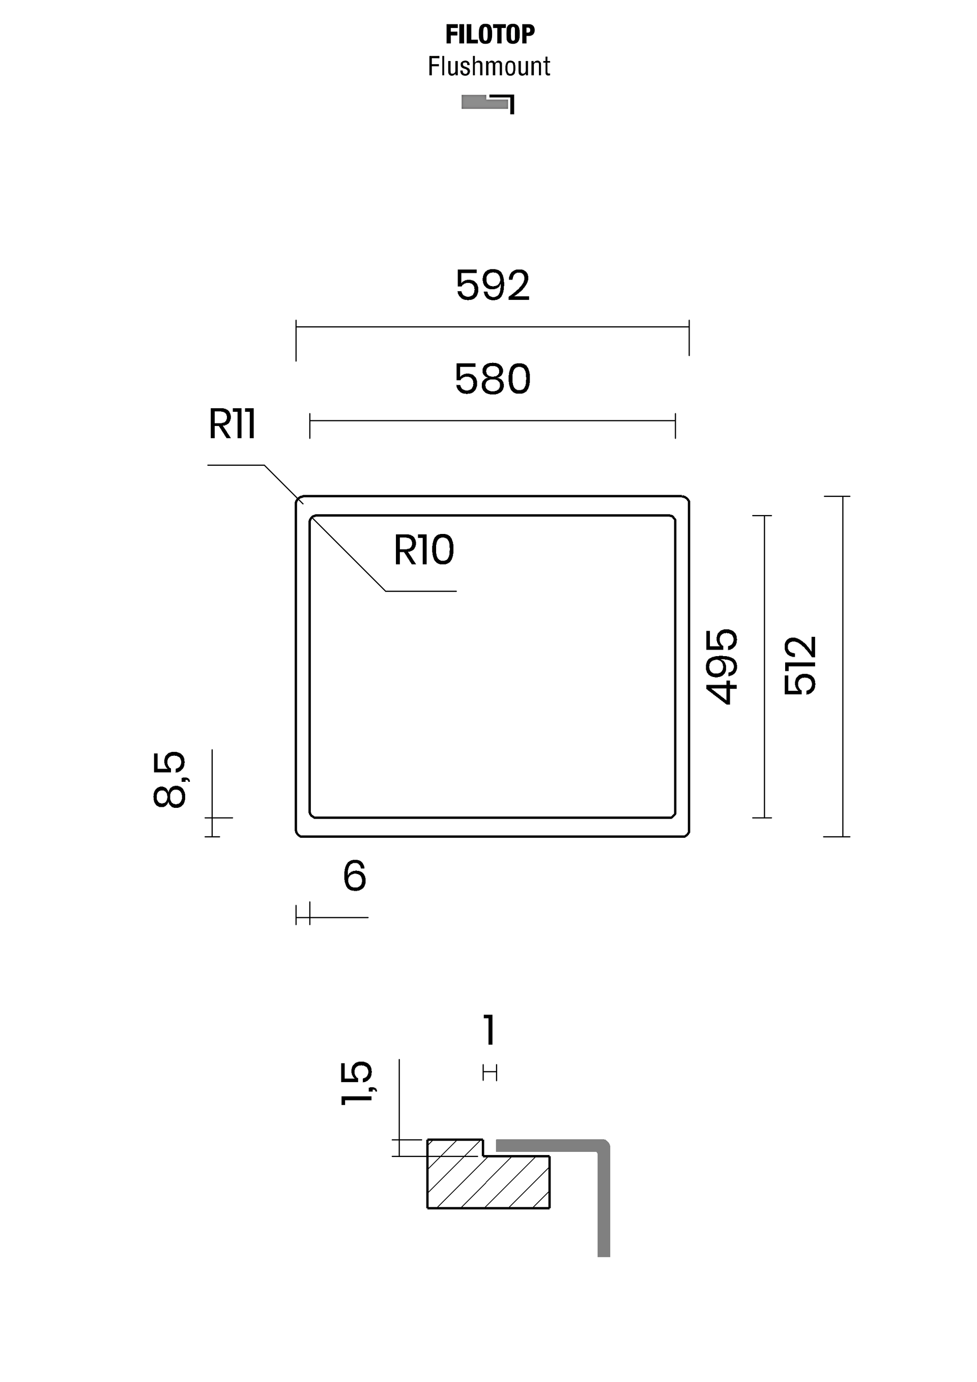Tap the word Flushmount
pos(489,66)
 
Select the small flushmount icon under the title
pos(488,103)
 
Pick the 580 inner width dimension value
pos(493,379)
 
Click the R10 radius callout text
pos(423,550)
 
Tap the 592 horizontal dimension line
pos(492,327)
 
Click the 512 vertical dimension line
pos(842,666)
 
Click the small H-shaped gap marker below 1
pos(490,1072)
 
